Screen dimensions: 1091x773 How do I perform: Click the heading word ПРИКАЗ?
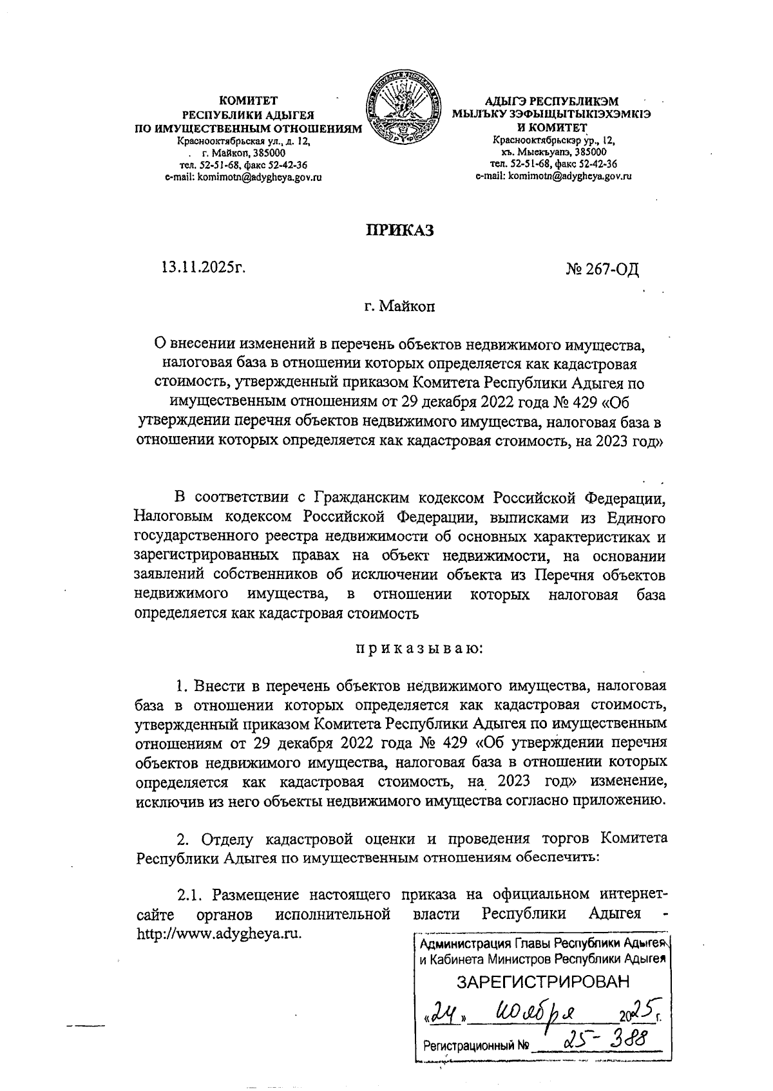click(x=400, y=230)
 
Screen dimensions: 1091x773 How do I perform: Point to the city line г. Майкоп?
click(x=399, y=307)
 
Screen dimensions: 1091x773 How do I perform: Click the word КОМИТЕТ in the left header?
click(x=248, y=101)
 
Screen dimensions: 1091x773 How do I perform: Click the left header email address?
click(x=243, y=177)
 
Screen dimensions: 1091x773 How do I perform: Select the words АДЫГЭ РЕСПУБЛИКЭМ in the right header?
click(x=551, y=101)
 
